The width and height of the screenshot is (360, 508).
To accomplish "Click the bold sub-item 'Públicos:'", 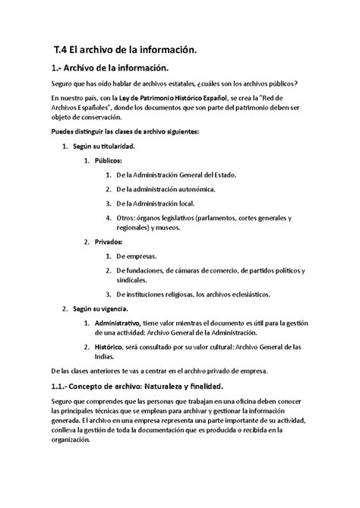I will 110,161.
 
